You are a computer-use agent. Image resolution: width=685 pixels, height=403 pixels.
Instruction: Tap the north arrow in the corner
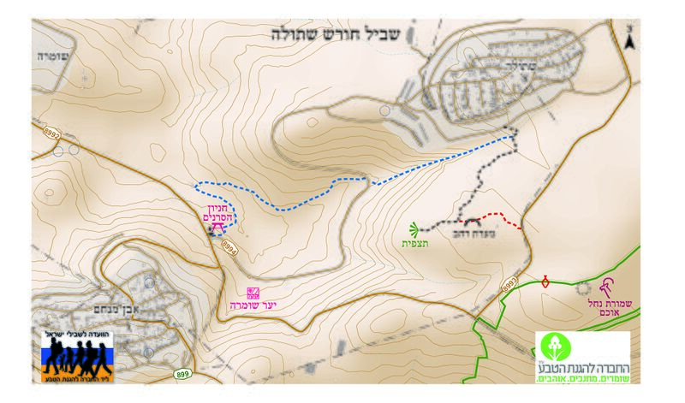(x=631, y=38)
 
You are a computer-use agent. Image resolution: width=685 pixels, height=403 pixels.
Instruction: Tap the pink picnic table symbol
(x=217, y=229)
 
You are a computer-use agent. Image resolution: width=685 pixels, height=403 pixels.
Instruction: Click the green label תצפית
(x=414, y=244)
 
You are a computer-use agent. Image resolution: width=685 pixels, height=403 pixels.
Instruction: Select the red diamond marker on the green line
(x=545, y=280)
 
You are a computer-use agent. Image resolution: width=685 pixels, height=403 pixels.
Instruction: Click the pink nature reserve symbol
(x=609, y=285)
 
